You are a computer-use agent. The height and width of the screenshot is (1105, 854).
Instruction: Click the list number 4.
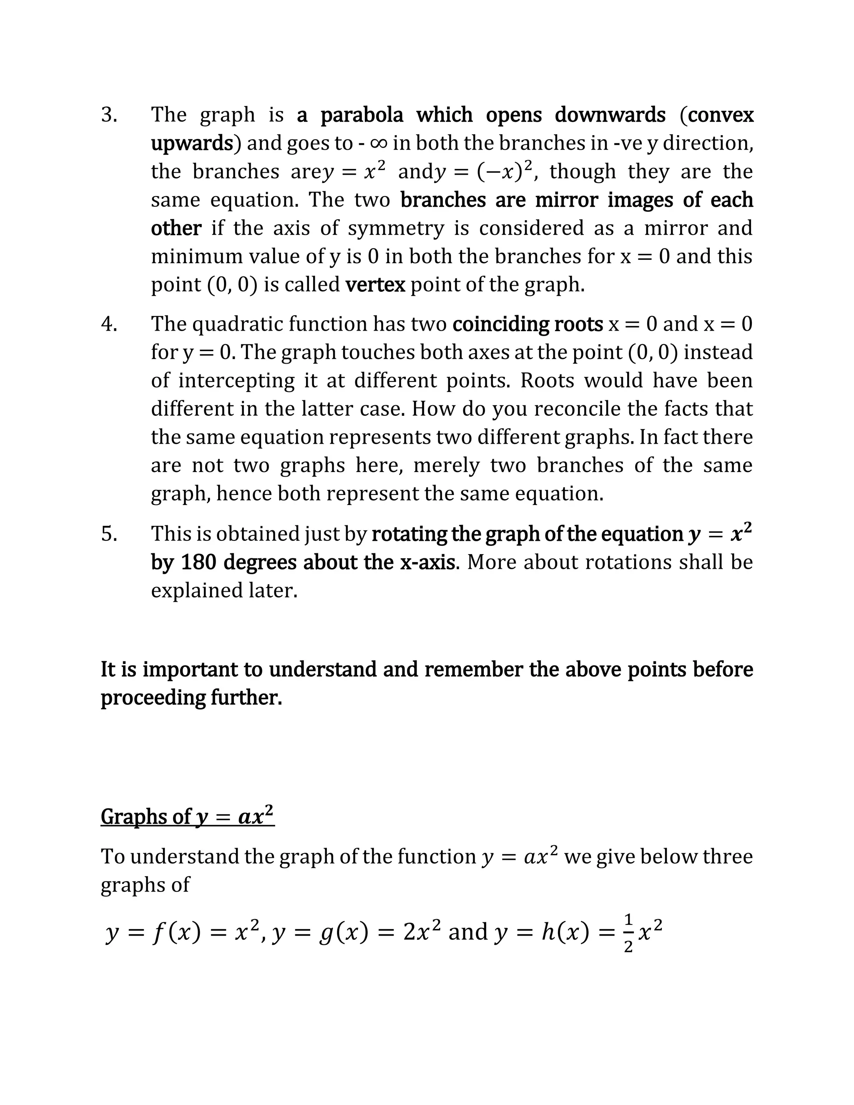tap(109, 324)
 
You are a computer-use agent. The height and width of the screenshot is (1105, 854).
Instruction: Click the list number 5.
tap(109, 534)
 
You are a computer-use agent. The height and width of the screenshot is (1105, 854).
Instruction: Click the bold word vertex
tap(375, 285)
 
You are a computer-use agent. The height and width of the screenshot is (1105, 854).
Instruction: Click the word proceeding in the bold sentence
tap(152, 698)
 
